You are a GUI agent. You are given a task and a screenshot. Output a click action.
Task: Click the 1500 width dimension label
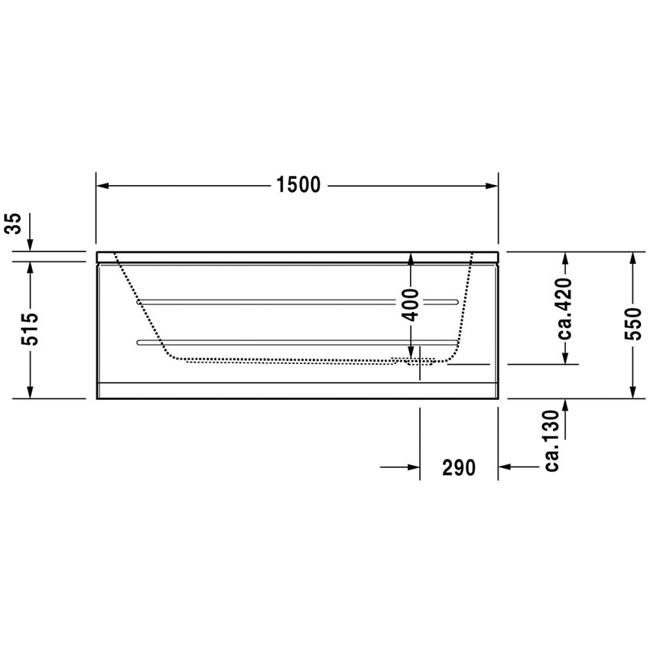(x=298, y=184)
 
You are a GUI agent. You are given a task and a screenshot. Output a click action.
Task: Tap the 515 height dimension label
(x=30, y=330)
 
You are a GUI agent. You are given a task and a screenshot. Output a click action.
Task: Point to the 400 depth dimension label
(x=411, y=305)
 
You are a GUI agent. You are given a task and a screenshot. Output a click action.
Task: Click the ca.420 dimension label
(x=564, y=308)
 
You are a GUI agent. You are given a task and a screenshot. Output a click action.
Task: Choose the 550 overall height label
(x=632, y=323)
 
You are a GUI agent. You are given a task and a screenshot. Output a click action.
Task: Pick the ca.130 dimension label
(x=553, y=440)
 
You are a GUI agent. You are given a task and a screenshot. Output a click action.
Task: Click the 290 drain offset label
(x=459, y=467)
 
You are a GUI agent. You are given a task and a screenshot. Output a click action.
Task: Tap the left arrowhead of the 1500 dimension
(x=102, y=186)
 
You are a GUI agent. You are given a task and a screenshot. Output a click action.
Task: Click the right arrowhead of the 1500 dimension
(x=492, y=186)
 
